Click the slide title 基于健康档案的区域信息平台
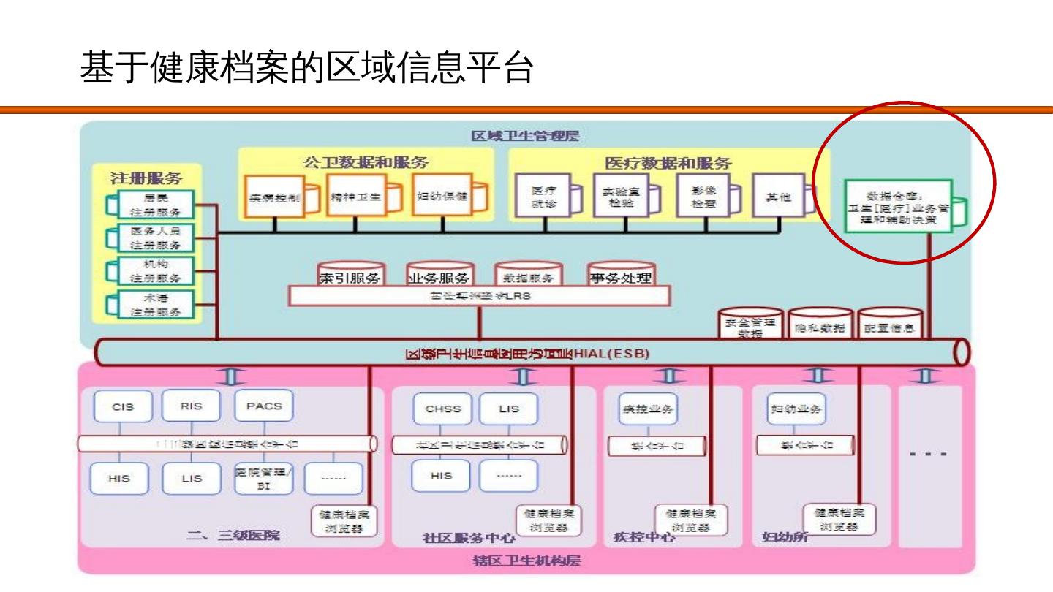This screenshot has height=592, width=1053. coord(306,68)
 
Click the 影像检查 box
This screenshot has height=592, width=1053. coord(703,197)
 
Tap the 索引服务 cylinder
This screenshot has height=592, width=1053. coord(352,276)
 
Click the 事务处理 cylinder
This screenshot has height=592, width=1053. coord(620,276)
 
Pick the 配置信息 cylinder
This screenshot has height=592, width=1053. coord(889,327)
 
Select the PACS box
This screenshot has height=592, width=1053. coord(264,406)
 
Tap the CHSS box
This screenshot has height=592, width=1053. coord(443,409)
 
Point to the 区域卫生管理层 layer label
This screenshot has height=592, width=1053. coord(526,136)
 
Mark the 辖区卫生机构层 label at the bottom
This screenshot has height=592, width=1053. coord(526,561)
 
